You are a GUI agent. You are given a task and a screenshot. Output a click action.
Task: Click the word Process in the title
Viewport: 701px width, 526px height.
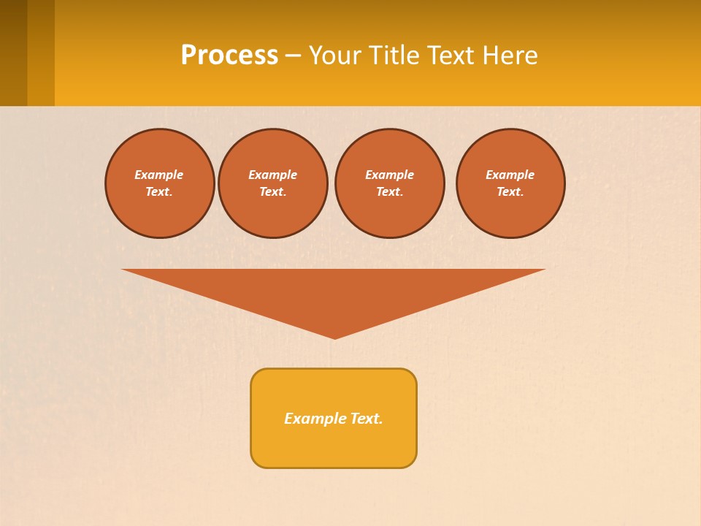[x=229, y=56]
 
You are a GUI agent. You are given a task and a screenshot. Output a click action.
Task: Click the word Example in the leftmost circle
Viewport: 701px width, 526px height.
[x=159, y=175]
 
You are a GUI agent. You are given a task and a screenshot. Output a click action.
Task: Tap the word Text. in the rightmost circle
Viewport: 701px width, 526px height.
[x=510, y=192]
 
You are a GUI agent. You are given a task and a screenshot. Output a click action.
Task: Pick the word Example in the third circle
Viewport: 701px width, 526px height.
[x=389, y=175]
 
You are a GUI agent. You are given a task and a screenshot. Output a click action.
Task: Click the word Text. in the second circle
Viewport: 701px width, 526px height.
[x=272, y=192]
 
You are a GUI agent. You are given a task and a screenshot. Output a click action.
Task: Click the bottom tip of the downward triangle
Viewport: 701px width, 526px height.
[x=334, y=337]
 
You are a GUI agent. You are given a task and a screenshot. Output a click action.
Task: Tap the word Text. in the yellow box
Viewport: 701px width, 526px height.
[x=367, y=419]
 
